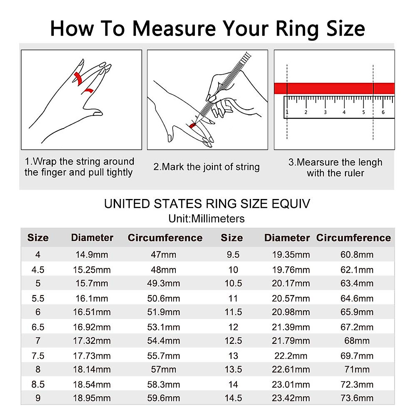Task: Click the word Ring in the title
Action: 297,28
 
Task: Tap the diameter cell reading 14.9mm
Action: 92,255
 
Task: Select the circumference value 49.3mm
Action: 164,284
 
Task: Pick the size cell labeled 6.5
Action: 38,327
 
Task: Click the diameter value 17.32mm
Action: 92,341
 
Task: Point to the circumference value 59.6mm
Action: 164,398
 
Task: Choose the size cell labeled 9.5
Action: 233,255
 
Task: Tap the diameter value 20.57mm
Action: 291,298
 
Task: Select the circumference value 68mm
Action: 357,341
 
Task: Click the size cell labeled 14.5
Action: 233,398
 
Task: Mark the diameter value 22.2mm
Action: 291,356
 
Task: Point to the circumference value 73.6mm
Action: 357,398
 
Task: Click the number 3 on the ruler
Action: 325,112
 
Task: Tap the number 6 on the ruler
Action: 383,112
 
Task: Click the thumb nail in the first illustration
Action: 98,113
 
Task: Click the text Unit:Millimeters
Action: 207,219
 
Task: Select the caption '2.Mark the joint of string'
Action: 207,167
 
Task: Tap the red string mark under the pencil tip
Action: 193,125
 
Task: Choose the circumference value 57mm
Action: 164,370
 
